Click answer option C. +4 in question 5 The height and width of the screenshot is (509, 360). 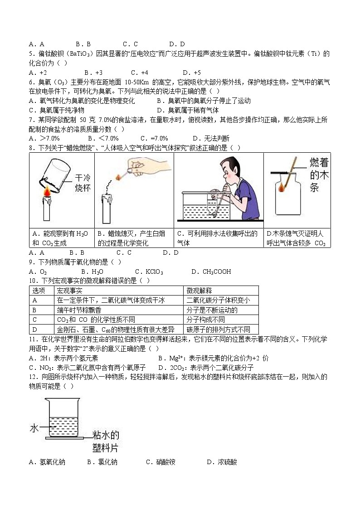(140, 73)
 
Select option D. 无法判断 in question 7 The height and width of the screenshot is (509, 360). (211, 138)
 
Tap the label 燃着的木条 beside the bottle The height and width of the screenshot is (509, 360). (319, 175)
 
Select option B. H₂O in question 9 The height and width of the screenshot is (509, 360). (92, 271)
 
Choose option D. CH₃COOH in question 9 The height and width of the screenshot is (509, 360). (211, 271)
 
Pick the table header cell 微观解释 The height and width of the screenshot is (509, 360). (199, 291)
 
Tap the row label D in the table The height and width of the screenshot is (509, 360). (35, 330)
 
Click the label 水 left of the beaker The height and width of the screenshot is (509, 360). (34, 428)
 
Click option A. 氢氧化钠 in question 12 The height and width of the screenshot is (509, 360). (47, 462)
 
